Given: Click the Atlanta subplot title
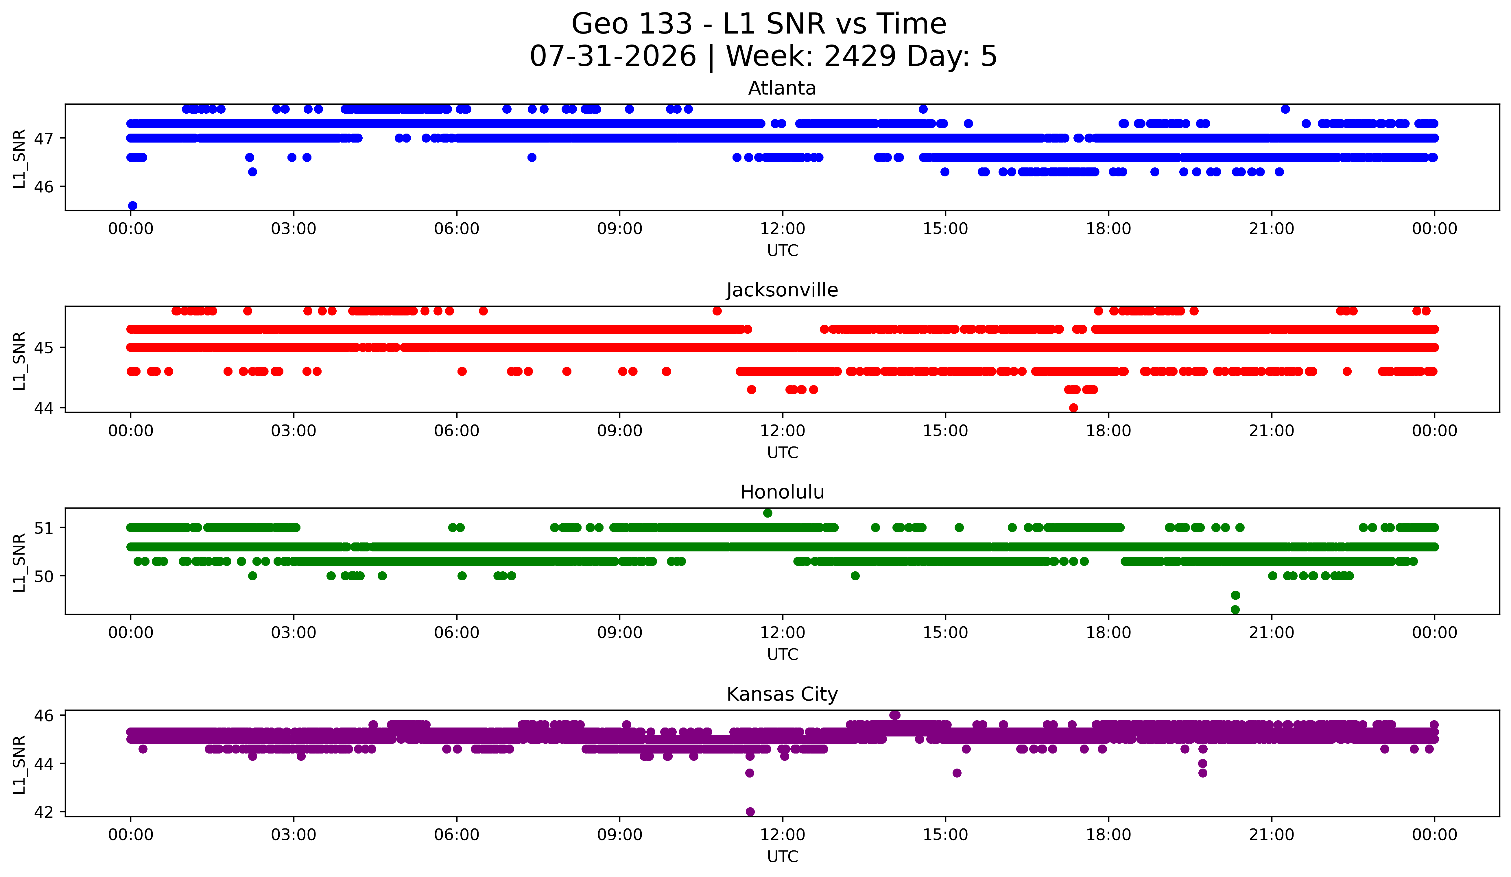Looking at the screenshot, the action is pyautogui.click(x=782, y=88).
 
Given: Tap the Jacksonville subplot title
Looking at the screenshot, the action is pyautogui.click(x=782, y=290).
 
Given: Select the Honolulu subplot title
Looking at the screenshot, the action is pyautogui.click(x=782, y=492).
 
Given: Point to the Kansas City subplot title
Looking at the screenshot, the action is pyautogui.click(x=782, y=694).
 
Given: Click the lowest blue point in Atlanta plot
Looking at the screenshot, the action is pyautogui.click(x=132, y=206).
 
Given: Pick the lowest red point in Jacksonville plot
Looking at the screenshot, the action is pyautogui.click(x=1073, y=408).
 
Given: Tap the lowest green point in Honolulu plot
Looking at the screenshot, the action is pyautogui.click(x=1235, y=610).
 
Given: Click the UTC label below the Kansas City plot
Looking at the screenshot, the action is pyautogui.click(x=783, y=857).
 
